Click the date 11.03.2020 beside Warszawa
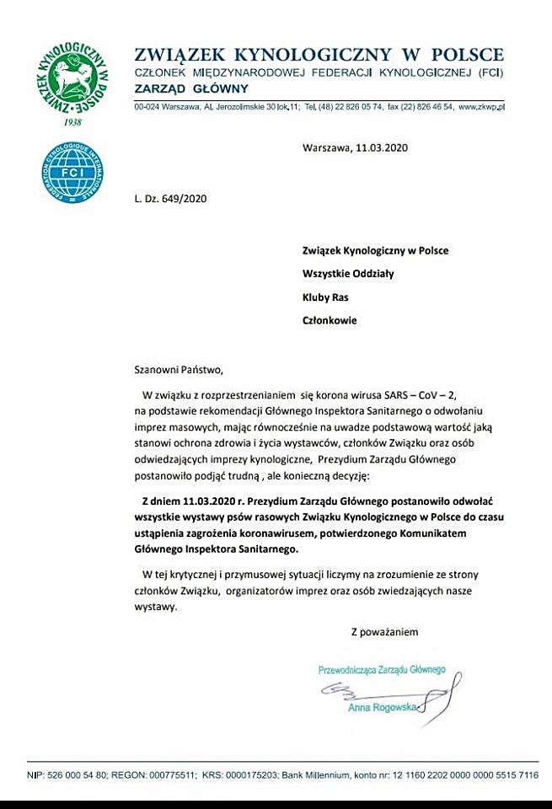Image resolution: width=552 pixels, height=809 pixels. pos(382,148)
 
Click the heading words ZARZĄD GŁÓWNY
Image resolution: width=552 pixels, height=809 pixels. pos(191,88)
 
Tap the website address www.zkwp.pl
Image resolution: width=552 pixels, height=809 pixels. pos(481,107)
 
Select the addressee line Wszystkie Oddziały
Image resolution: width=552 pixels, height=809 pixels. pos(348,273)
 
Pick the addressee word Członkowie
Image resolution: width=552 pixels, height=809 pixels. pos(330,320)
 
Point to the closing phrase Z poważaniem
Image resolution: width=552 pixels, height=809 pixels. pos(384,631)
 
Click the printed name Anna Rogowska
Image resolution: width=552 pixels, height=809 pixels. pos(382,708)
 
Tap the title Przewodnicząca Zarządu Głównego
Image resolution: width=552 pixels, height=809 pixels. pos(381,670)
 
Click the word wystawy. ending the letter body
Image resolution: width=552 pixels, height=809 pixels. pos(156,606)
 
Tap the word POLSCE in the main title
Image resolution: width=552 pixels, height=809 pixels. pos(469,56)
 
